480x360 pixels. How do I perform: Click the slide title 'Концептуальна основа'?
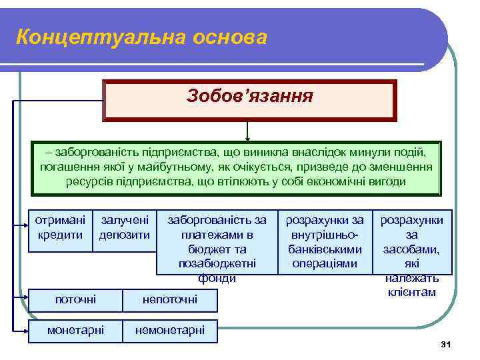(141, 37)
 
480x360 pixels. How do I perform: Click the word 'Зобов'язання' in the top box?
(250, 97)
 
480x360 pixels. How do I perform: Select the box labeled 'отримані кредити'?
(61, 227)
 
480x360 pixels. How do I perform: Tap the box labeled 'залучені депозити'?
(125, 227)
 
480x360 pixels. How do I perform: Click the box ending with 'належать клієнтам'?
(411, 241)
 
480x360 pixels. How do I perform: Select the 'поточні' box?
(75, 300)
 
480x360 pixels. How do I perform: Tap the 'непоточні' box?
(171, 300)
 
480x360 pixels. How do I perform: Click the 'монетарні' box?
(75, 331)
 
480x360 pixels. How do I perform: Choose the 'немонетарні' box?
(170, 331)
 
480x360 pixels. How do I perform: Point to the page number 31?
(446, 344)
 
